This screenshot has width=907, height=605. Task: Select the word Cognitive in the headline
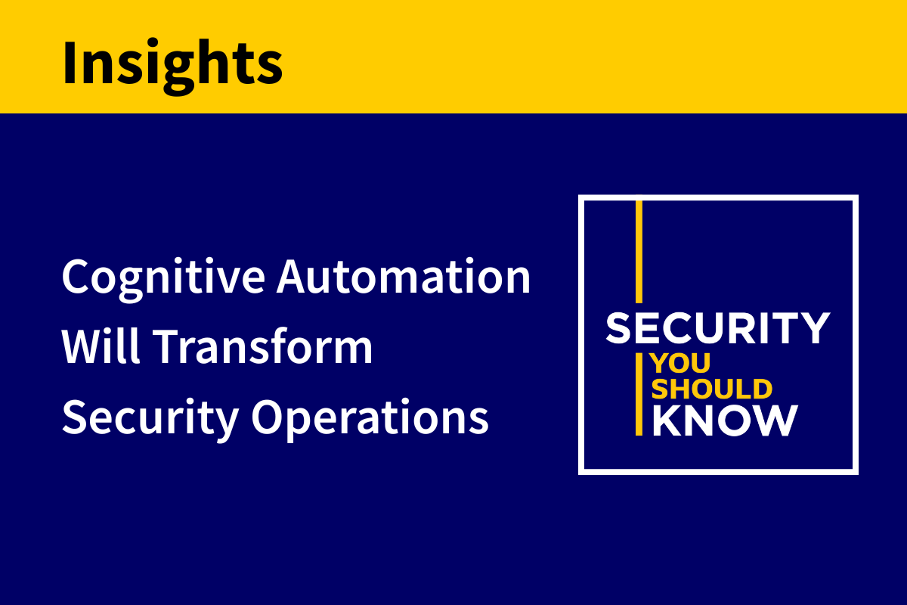pyautogui.click(x=163, y=280)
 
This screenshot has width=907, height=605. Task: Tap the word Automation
pyautogui.click(x=404, y=276)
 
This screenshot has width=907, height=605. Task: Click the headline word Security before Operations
pyautogui.click(x=150, y=419)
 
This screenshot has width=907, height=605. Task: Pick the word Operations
pyautogui.click(x=370, y=419)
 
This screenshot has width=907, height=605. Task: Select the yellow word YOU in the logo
pyautogui.click(x=681, y=363)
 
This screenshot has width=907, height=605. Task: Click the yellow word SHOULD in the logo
pyautogui.click(x=712, y=389)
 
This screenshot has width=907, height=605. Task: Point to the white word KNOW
pyautogui.click(x=725, y=420)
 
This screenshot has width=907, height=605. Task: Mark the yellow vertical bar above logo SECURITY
pyautogui.click(x=639, y=252)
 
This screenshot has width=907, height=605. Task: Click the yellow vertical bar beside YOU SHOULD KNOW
pyautogui.click(x=639, y=394)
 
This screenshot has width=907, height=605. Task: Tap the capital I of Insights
pyautogui.click(x=70, y=62)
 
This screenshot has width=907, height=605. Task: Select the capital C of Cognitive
pyautogui.click(x=76, y=276)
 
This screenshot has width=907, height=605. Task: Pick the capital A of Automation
pyautogui.click(x=293, y=276)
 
